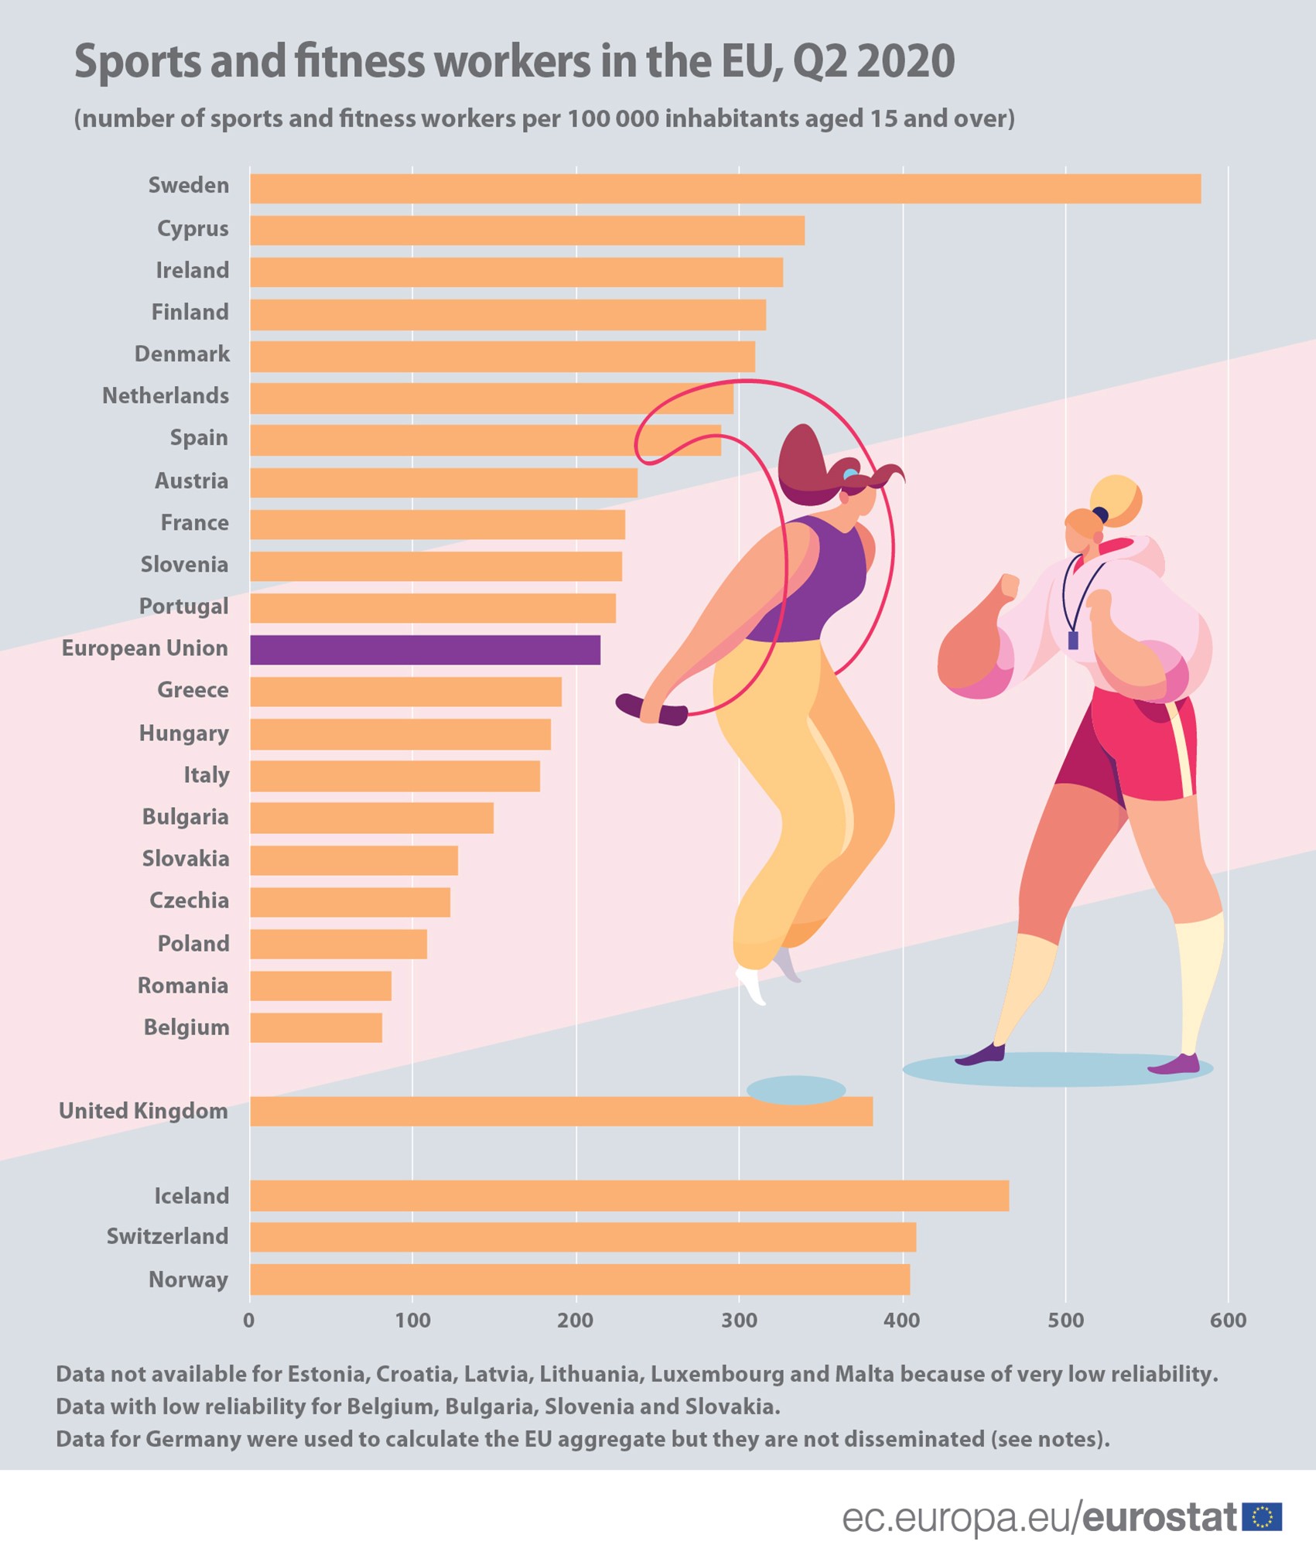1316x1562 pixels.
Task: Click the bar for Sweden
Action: (725, 189)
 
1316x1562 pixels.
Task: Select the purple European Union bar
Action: (425, 650)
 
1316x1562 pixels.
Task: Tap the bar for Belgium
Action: (316, 1027)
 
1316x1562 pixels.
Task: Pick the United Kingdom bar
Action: (561, 1111)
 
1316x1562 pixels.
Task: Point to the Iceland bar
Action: (629, 1195)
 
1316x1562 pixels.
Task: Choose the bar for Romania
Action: (320, 986)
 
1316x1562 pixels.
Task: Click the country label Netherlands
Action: (166, 396)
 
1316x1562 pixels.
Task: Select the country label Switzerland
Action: (167, 1236)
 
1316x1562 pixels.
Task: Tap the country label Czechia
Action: (189, 901)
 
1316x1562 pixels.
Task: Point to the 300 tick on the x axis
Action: (739, 1321)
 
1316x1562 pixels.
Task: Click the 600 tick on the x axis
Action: (1228, 1321)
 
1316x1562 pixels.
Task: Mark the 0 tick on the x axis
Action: (249, 1321)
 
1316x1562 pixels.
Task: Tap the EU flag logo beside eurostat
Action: (1262, 1516)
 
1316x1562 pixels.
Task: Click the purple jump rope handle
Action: (651, 709)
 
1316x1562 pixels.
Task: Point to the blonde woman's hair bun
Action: (1116, 499)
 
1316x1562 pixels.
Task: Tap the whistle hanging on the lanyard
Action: (1073, 640)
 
